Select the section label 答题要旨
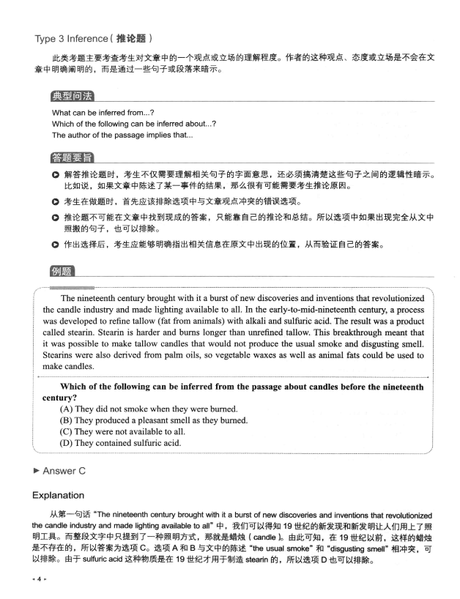[72, 157]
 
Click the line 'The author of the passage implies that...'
[122, 135]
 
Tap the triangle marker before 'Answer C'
[37, 470]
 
